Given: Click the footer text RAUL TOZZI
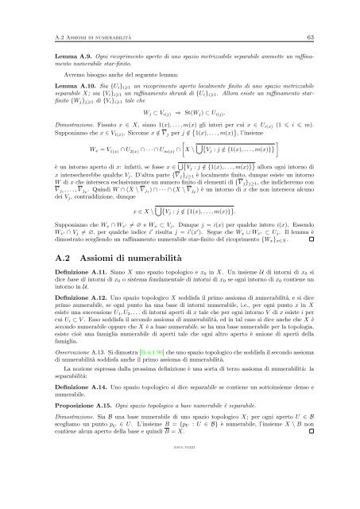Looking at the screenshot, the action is point(180,499).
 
